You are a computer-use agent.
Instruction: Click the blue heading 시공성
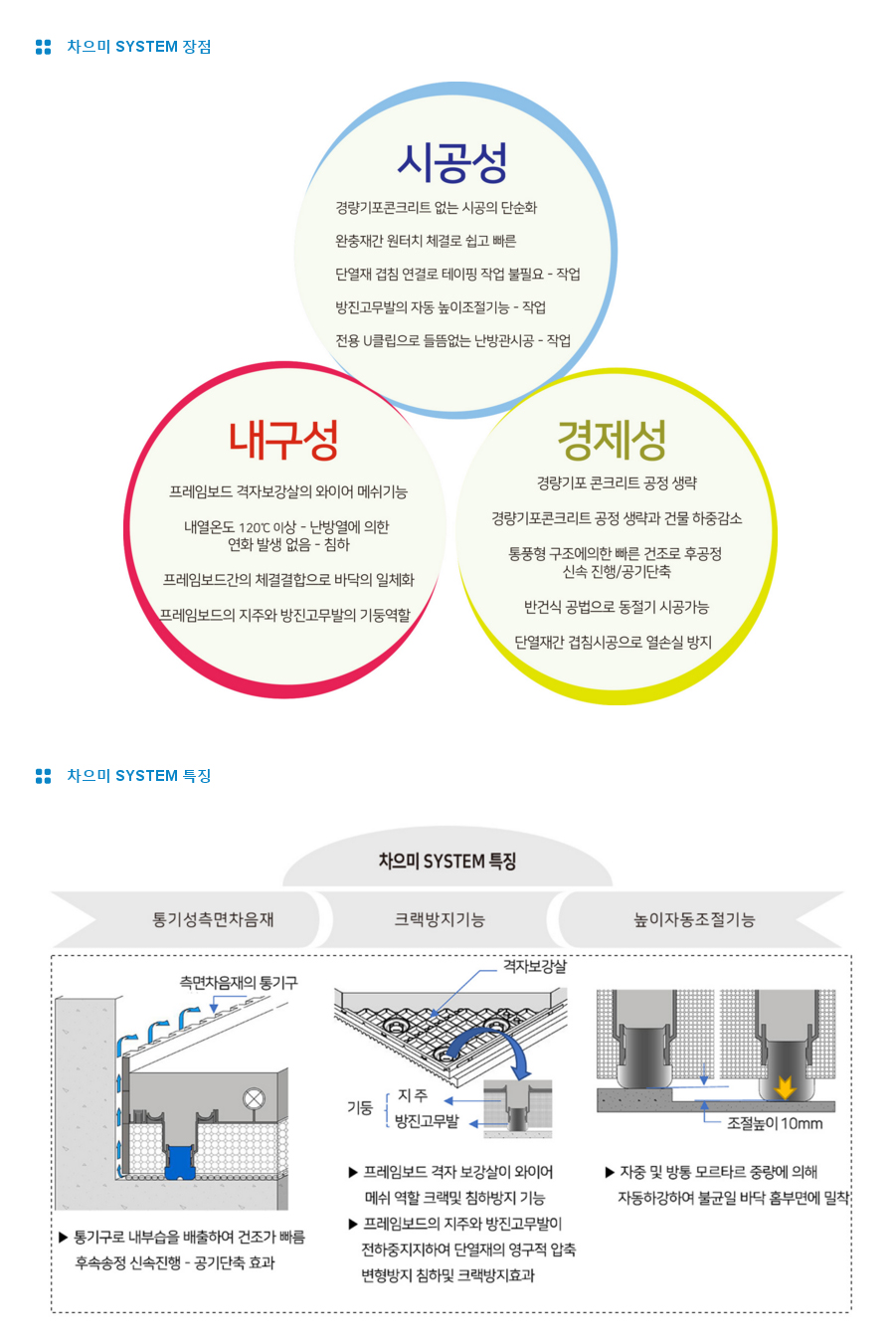coord(452,162)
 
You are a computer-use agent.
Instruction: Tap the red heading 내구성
coord(283,440)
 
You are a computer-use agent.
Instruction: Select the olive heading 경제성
coord(612,440)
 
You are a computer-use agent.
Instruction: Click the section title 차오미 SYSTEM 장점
coord(138,47)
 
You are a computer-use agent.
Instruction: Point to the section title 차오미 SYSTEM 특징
coord(138,776)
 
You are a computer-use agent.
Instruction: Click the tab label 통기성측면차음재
coord(213,919)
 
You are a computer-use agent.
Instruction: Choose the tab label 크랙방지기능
coord(440,919)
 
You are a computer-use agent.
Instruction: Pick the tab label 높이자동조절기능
coord(694,919)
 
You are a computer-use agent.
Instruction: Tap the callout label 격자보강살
coord(534,966)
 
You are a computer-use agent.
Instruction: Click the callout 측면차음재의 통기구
coord(239,983)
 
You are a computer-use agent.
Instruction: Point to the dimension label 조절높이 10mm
coord(775,1123)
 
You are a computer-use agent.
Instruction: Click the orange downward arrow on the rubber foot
coord(785,1087)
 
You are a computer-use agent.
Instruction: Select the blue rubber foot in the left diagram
coord(180,1162)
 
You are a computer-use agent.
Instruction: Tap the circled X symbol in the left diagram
coord(254,1099)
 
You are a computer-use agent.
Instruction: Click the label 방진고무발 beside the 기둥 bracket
coord(427,1121)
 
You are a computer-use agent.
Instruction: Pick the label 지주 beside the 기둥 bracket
coord(413,1095)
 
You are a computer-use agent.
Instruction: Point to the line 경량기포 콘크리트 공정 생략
coord(617,483)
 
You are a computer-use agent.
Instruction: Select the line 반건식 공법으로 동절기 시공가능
coord(617,607)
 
